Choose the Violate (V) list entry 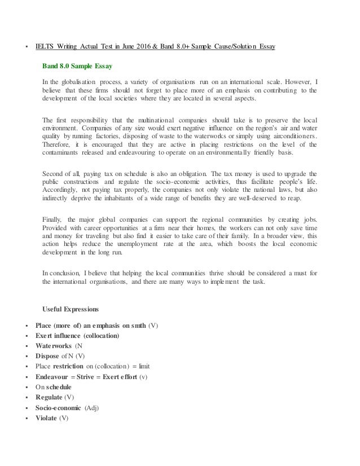click(51, 417)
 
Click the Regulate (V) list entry click(54, 397)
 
